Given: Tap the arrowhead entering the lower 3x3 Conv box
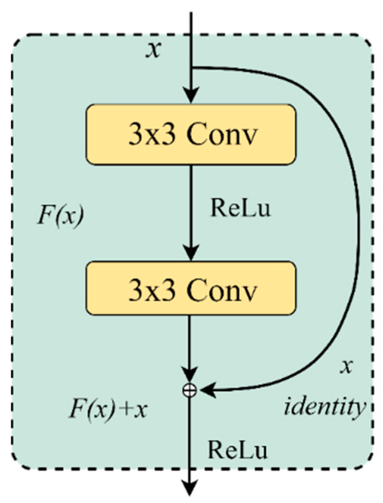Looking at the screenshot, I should pos(191,253).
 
